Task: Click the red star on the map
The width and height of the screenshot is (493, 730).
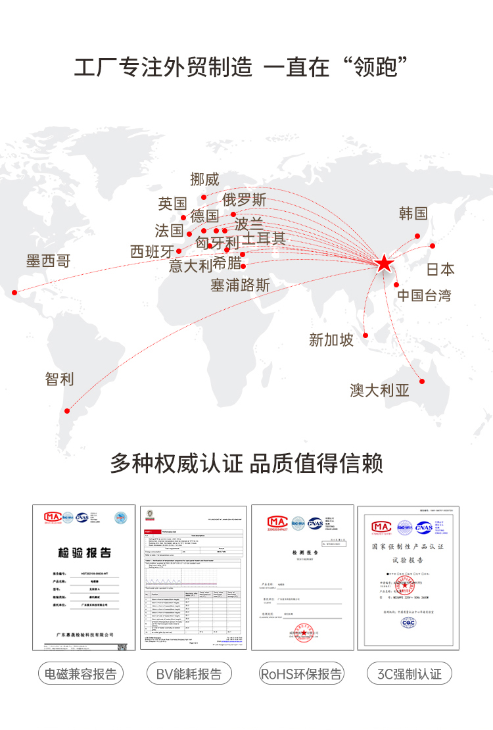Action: [385, 264]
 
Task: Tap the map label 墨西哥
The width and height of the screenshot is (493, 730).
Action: [48, 261]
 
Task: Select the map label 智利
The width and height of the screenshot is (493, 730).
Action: [59, 379]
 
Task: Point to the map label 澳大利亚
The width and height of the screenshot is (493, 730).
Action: [379, 391]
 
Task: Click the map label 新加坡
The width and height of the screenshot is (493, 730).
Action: [331, 340]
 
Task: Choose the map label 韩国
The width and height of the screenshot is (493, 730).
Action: [413, 213]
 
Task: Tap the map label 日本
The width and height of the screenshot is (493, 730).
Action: [440, 270]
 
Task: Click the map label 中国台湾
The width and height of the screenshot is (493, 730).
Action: [424, 295]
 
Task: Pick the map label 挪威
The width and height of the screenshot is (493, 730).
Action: [204, 179]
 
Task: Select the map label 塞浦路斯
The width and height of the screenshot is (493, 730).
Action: [240, 285]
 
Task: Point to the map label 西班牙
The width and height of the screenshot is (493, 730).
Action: [152, 252]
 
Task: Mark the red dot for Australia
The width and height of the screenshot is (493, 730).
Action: [422, 381]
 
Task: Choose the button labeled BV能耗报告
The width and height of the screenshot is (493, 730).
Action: [189, 674]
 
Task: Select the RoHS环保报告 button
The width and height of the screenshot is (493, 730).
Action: [301, 674]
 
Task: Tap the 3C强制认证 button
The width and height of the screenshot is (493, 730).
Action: [409, 674]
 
